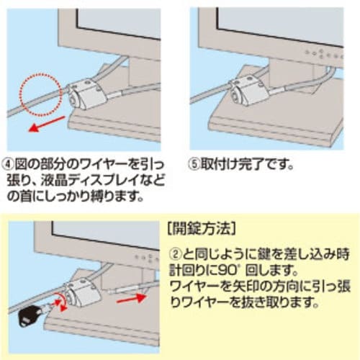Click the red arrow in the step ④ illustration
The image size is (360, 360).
click(x=47, y=124)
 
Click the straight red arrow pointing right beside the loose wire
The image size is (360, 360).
click(x=131, y=299)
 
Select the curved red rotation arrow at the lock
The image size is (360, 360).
click(x=61, y=302)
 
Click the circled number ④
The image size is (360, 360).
click(x=8, y=164)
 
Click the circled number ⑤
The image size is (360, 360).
click(x=194, y=164)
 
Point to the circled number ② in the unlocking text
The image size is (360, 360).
click(x=176, y=254)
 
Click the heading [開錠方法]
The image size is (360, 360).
click(x=201, y=229)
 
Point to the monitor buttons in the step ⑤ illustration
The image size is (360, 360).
click(x=324, y=55)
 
